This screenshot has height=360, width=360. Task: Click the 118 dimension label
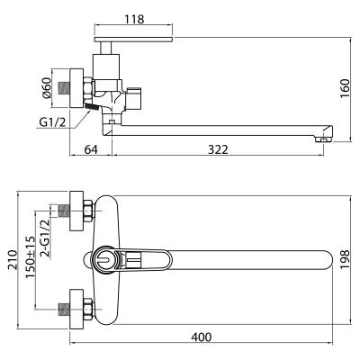tap(134, 19)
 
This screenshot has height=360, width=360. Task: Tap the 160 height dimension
tap(345, 88)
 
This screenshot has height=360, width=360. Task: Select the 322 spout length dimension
tap(218, 149)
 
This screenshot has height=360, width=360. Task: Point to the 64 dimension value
tap(91, 149)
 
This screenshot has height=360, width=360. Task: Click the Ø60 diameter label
tap(47, 88)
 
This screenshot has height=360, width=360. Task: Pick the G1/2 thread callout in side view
tap(52, 122)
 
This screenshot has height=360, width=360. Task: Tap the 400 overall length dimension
tap(201, 337)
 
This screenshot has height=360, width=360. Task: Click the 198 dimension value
tap(345, 259)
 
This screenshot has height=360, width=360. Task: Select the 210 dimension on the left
tap(13, 259)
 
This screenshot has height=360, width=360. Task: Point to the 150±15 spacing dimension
tap(30, 257)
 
